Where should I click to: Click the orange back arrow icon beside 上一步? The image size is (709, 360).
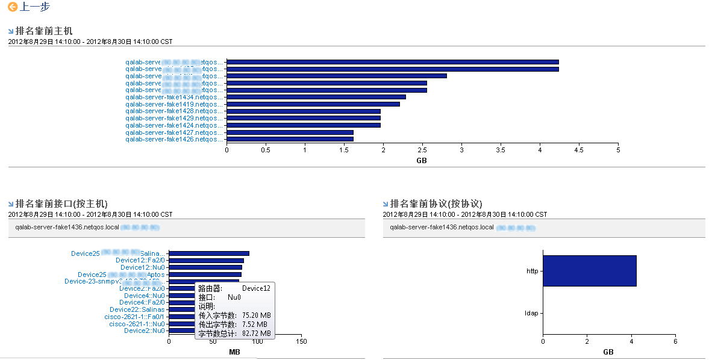[13, 7]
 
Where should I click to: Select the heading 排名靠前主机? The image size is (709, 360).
[44, 31]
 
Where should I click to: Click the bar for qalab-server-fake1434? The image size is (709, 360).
[316, 97]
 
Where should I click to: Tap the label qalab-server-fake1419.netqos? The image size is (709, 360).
[174, 104]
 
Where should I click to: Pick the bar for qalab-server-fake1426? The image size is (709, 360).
[290, 139]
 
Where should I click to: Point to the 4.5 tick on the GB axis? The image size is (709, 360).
[579, 150]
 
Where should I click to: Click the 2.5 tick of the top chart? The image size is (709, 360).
[422, 150]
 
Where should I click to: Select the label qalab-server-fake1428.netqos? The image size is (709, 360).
[174, 111]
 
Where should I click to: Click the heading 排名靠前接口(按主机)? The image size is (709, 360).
[61, 203]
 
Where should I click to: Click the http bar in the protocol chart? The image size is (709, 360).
[589, 271]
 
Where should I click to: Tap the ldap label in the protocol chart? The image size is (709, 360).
[531, 313]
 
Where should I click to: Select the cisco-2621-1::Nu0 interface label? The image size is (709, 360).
[137, 324]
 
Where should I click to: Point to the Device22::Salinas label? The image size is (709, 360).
[137, 309]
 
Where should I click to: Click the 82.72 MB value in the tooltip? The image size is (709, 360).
[256, 333]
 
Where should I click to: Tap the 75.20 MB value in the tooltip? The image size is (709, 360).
[256, 315]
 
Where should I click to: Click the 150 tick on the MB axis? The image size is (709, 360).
[302, 342]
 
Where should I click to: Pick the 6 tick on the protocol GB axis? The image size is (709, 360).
[675, 342]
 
